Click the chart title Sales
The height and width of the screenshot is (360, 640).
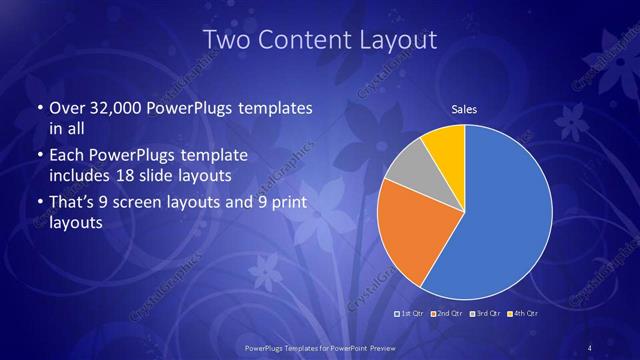464,110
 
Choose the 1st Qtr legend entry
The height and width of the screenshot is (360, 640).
412,314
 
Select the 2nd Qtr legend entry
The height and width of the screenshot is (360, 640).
446,314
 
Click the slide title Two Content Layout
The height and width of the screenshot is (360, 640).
320,40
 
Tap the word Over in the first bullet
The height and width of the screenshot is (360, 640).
66,108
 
